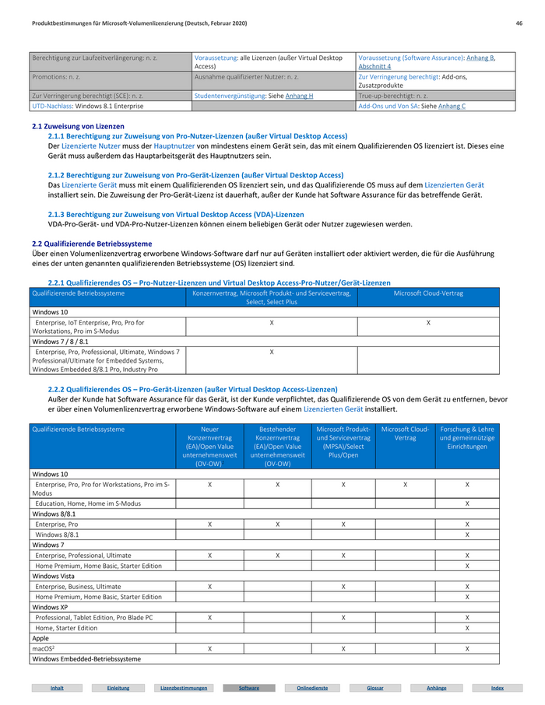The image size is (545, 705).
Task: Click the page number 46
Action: pos(519,24)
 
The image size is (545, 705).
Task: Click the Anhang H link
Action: pos(300,96)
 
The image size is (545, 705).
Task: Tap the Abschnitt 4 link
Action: pos(375,67)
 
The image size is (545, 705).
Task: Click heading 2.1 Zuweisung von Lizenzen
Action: pos(78,126)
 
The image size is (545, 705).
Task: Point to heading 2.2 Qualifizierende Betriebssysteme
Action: pos(92,244)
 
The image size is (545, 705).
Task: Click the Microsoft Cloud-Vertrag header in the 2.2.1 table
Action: pos(428,293)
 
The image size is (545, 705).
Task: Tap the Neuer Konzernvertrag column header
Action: pos(210,446)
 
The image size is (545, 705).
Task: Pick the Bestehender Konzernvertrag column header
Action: pos(278,446)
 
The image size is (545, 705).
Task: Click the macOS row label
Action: pos(43,648)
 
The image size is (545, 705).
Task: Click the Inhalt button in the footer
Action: pos(57,688)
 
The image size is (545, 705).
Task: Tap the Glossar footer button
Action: pos(375,688)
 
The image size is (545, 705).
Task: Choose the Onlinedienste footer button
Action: pos(311,688)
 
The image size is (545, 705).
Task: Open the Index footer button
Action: pos(498,688)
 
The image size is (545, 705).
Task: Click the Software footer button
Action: pos(248,688)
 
